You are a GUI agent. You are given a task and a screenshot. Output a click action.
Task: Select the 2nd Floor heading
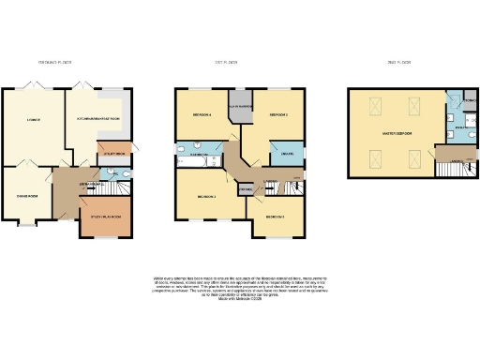(400, 62)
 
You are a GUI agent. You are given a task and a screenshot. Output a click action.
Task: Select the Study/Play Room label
(110, 217)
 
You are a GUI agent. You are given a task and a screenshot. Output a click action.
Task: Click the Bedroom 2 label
(277, 114)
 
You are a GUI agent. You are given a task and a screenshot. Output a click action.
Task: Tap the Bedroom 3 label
(207, 197)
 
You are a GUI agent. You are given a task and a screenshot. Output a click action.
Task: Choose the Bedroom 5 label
(275, 216)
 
